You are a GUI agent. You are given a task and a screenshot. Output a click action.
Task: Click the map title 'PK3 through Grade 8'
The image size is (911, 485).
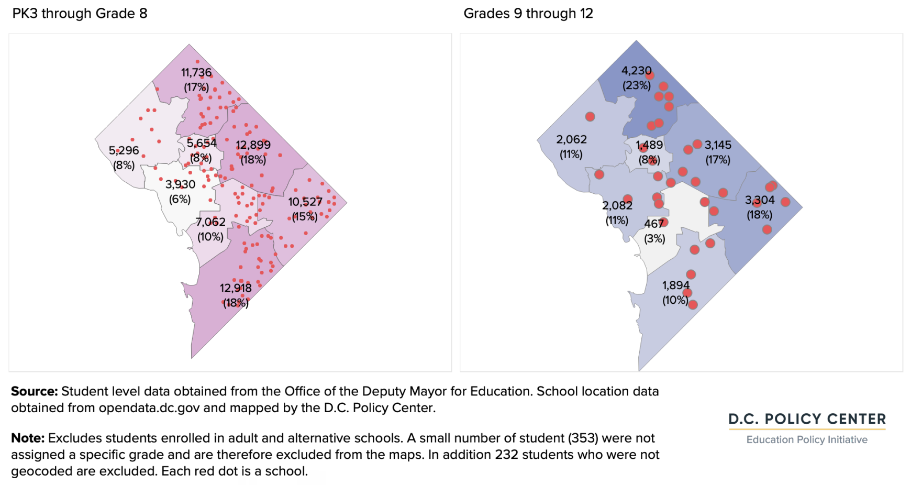coord(80,13)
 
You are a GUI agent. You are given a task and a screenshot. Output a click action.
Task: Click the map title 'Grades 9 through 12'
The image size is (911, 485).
coord(528,13)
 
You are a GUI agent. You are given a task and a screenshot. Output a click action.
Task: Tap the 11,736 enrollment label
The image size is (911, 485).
coord(196,72)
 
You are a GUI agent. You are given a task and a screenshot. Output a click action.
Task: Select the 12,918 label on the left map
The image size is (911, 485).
coord(236,288)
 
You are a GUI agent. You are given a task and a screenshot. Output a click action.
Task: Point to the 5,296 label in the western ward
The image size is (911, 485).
coord(124,150)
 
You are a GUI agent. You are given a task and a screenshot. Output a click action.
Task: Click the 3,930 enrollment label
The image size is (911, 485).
coord(180,184)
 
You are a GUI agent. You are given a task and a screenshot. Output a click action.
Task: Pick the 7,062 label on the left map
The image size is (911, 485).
coord(210,222)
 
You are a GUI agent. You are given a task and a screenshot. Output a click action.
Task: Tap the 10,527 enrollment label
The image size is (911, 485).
coord(305,202)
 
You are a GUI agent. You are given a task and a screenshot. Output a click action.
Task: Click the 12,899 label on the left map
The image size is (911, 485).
coord(253,145)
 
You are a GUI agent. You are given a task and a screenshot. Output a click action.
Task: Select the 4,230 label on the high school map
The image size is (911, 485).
coord(637,70)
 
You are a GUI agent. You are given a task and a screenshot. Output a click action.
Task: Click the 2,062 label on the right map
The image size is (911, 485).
coord(571,139)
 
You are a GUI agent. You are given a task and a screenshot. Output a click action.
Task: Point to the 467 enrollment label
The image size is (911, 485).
coord(654,224)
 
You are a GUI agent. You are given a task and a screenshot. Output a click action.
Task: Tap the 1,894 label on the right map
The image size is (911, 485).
coord(676,285)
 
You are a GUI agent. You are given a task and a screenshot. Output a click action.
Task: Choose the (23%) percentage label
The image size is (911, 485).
coord(637,85)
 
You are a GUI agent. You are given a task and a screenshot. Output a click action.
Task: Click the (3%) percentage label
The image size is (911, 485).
coord(654,239)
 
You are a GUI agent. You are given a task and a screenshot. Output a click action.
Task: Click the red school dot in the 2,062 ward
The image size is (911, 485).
coord(590,117)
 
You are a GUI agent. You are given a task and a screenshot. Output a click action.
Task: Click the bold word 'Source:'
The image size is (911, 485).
coord(35,391)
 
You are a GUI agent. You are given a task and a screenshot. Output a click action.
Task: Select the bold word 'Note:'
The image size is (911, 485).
coord(28,438)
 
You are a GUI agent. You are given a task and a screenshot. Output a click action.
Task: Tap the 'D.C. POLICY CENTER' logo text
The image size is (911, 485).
coord(807,419)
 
